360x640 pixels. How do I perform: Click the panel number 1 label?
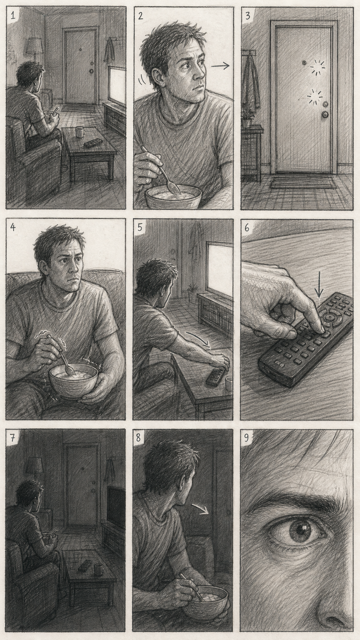[13, 15]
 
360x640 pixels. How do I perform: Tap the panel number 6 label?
[247, 228]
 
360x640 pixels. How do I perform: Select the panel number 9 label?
[247, 438]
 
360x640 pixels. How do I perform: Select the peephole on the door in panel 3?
[304, 63]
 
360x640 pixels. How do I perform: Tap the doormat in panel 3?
[303, 184]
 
